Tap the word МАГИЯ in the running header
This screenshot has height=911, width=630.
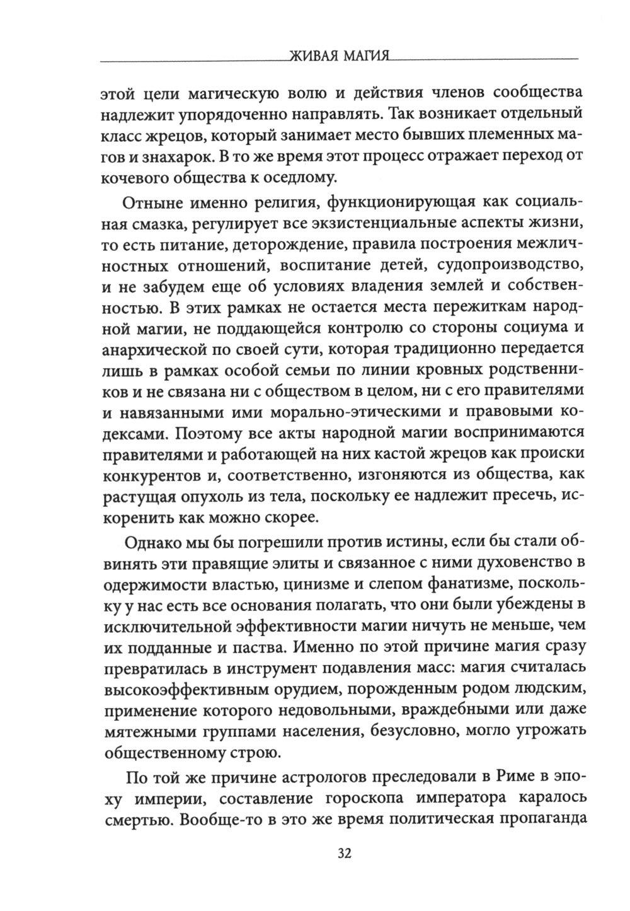[x=364, y=57]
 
